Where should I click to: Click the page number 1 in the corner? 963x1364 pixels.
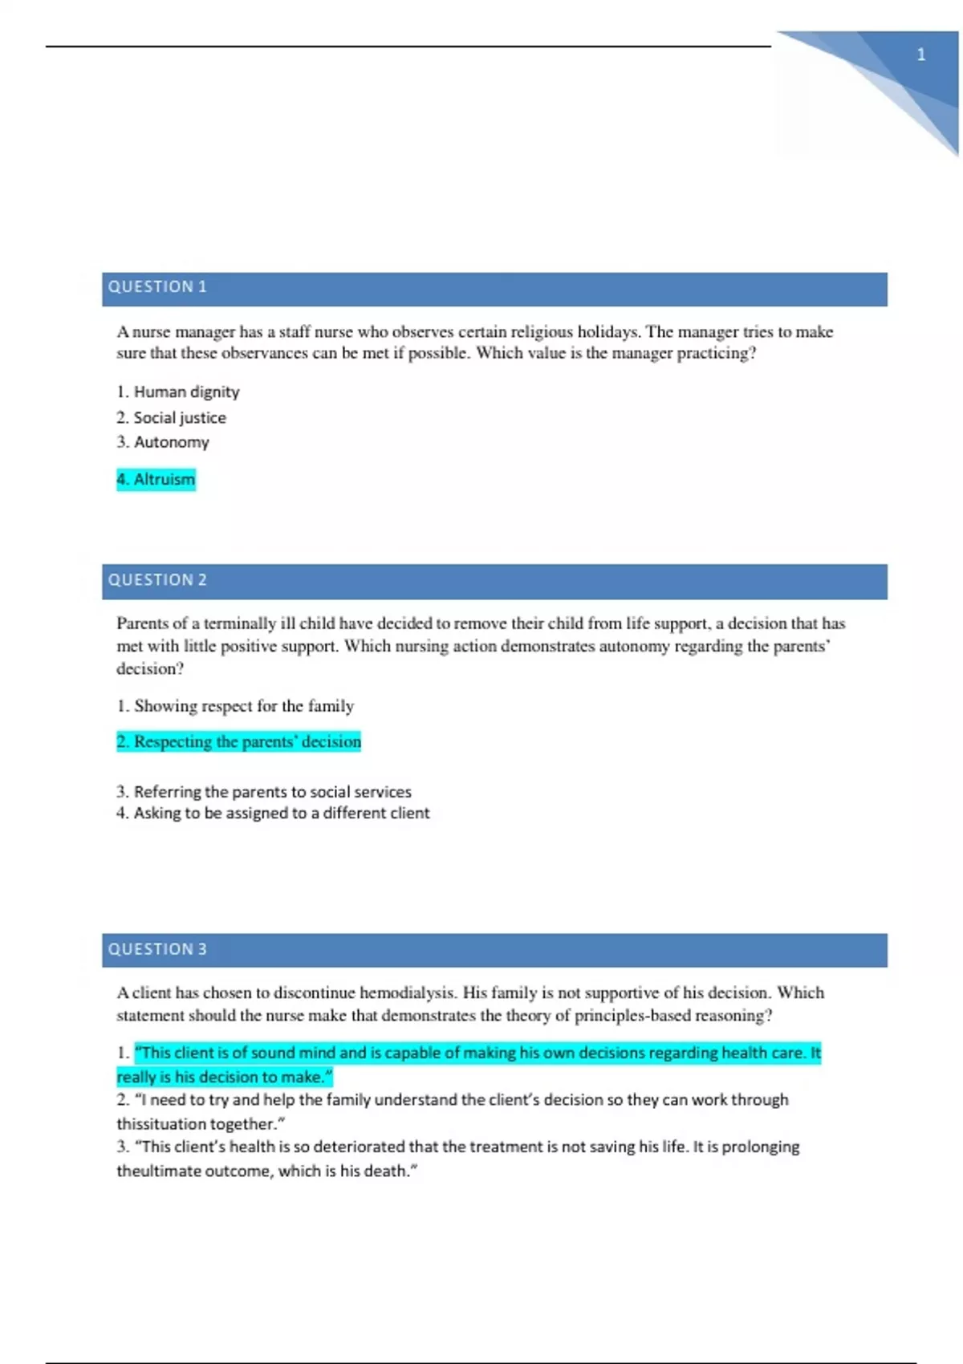click(x=920, y=55)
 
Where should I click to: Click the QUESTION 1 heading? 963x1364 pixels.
click(x=157, y=286)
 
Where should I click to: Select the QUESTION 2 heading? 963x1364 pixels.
click(x=157, y=579)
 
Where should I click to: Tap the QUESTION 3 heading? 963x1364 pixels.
click(x=157, y=948)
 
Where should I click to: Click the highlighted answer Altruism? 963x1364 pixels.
click(x=156, y=479)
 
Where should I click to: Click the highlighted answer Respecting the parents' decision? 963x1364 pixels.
click(x=239, y=741)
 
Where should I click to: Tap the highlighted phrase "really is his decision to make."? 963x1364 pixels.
click(x=225, y=1077)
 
